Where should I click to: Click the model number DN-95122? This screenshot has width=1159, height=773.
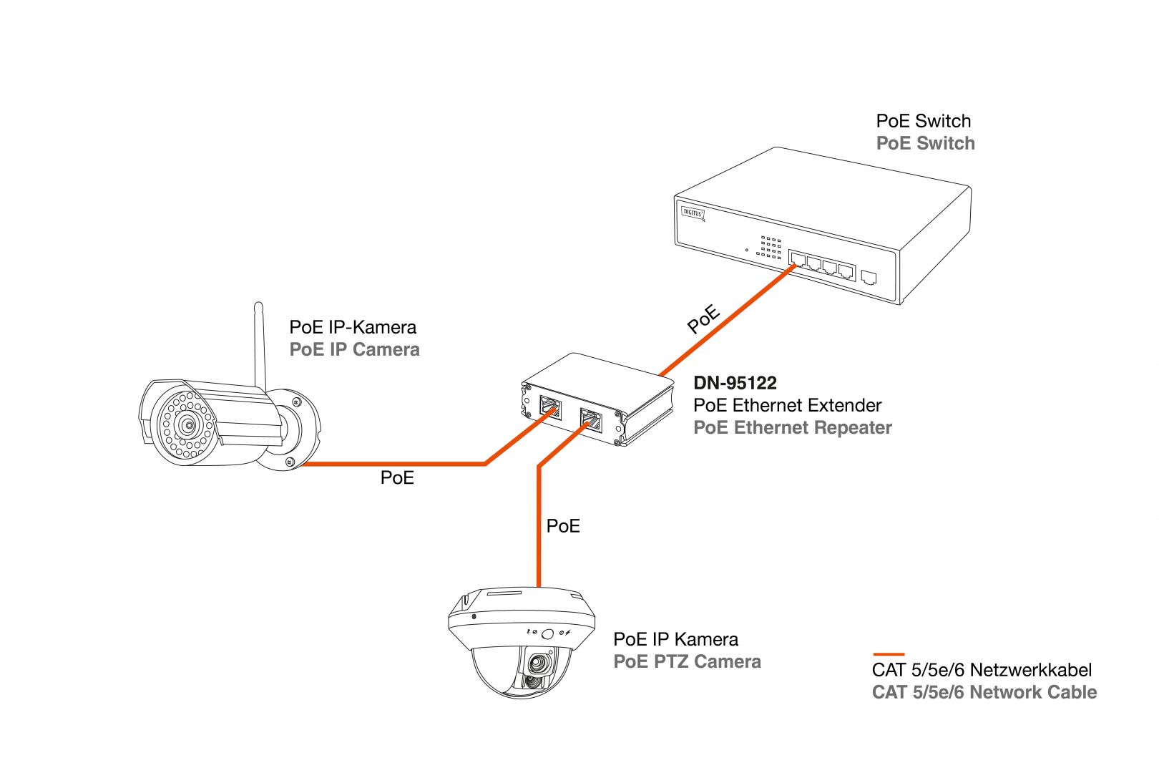tap(735, 383)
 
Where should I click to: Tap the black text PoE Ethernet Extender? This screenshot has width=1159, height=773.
tap(787, 405)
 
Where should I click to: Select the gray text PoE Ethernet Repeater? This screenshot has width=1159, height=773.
tap(793, 428)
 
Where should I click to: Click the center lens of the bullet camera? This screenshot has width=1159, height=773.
tap(188, 425)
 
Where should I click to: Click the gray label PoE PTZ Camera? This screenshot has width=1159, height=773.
tap(687, 661)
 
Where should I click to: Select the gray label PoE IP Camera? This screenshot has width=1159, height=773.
tap(354, 350)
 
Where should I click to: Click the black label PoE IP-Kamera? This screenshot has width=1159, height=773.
tap(353, 327)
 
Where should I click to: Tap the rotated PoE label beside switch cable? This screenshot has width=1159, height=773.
tap(703, 319)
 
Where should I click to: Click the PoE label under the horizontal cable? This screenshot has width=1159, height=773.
tap(397, 478)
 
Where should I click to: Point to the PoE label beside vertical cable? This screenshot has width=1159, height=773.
tap(563, 526)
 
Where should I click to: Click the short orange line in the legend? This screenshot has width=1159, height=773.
tap(889, 654)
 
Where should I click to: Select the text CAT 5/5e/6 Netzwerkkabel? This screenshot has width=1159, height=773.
tap(982, 671)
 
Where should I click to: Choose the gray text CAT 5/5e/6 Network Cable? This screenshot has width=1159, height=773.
tap(984, 693)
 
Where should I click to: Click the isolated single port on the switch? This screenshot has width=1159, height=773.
tap(869, 276)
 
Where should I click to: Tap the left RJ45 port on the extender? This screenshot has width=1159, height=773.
tap(550, 408)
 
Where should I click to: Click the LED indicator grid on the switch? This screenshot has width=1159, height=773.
tap(771, 247)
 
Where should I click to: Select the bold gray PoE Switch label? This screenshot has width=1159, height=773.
tap(925, 144)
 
